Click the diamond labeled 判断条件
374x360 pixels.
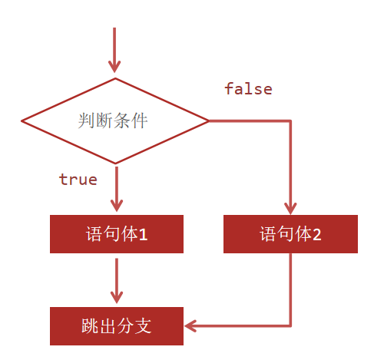pyautogui.click(x=115, y=121)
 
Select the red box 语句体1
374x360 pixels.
pyautogui.click(x=117, y=234)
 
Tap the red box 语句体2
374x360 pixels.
pyautogui.click(x=290, y=234)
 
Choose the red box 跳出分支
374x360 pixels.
pyautogui.click(x=117, y=326)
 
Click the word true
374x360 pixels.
pyautogui.click(x=78, y=180)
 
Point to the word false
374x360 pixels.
pyautogui.click(x=248, y=89)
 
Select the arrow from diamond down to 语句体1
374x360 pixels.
pyautogui.click(x=116, y=188)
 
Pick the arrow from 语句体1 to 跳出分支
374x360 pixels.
pyautogui.click(x=116, y=280)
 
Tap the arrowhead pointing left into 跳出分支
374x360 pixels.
pyautogui.click(x=190, y=326)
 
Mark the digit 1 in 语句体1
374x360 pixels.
pyautogui.click(x=143, y=235)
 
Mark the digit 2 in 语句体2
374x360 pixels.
pyautogui.click(x=316, y=235)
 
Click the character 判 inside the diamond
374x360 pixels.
pyautogui.click(x=87, y=121)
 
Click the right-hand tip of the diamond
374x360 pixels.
pyautogui.click(x=208, y=121)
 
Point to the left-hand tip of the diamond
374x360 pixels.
pyautogui.click(x=22, y=121)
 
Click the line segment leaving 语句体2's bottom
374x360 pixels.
pyautogui.click(x=290, y=288)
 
